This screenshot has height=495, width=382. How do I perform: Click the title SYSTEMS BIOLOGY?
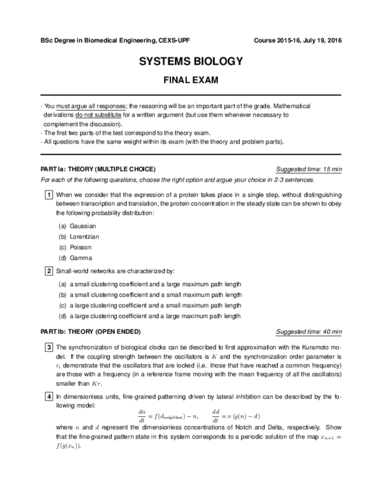pyautogui.click(x=191, y=62)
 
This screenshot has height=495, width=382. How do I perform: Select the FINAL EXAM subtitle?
pyautogui.click(x=191, y=80)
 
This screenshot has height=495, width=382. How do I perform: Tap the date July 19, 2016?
pyautogui.click(x=320, y=40)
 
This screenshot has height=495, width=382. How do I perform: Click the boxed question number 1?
pyautogui.click(x=49, y=194)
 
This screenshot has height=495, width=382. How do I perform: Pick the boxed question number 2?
pyautogui.click(x=49, y=271)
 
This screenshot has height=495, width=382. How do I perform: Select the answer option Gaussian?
pyautogui.click(x=82, y=226)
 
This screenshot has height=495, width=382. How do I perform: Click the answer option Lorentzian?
pyautogui.click(x=85, y=236)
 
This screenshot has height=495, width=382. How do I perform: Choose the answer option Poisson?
pyautogui.click(x=80, y=247)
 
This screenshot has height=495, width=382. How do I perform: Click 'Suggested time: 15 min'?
pyautogui.click(x=309, y=169)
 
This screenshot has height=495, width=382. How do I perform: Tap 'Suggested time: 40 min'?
pyautogui.click(x=309, y=332)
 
